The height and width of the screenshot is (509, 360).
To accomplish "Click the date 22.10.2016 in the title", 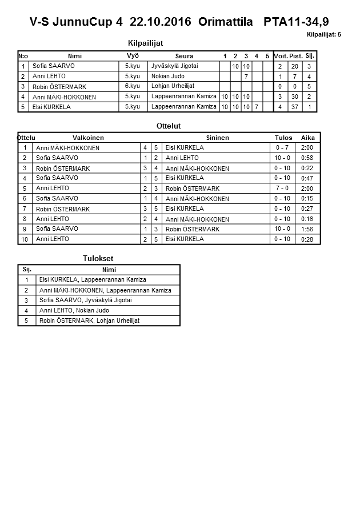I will pyautogui.click(x=162, y=22).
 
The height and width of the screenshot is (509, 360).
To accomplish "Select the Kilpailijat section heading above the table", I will pyautogui.click(x=149, y=43).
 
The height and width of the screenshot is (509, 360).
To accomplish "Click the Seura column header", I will pyautogui.click(x=184, y=56).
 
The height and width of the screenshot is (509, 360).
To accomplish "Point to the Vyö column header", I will pyautogui.click(x=133, y=56).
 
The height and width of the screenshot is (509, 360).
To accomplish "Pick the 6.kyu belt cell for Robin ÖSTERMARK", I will pyautogui.click(x=132, y=86).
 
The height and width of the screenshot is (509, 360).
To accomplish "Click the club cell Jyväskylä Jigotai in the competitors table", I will pyautogui.click(x=174, y=66).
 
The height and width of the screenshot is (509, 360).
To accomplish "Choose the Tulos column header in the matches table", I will pyautogui.click(x=283, y=138).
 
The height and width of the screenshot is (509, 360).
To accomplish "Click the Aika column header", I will pyautogui.click(x=308, y=138).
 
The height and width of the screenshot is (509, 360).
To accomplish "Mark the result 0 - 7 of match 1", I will pyautogui.click(x=282, y=147).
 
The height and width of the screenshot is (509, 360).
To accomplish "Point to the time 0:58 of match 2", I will pyautogui.click(x=307, y=158).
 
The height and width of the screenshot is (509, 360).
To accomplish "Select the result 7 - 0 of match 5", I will pyautogui.click(x=282, y=188).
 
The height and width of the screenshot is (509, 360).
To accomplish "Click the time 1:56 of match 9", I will pyautogui.click(x=307, y=229).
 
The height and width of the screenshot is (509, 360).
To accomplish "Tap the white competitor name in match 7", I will pyautogui.click(x=63, y=209).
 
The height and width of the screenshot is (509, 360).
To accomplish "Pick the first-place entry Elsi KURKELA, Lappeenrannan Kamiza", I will pyautogui.click(x=92, y=279).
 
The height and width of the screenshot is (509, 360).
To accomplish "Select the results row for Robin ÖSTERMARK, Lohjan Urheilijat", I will pyautogui.click(x=89, y=320).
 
